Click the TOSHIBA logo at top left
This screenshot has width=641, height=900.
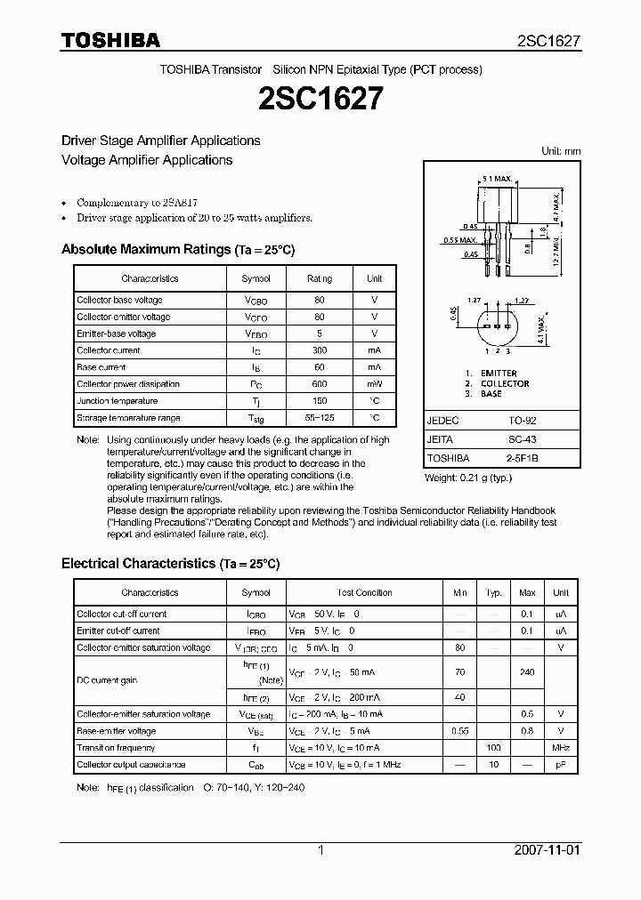point(110,40)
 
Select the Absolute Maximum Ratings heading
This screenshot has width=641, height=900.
point(177,250)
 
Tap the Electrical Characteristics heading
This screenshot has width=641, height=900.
point(170,564)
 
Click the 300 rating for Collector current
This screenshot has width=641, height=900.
point(320,350)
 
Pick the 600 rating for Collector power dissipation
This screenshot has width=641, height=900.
point(320,384)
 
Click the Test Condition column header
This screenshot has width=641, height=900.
point(364,592)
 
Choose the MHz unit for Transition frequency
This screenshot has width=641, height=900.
point(561,748)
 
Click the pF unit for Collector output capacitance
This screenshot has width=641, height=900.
point(561,765)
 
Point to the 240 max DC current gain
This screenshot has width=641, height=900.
point(527,672)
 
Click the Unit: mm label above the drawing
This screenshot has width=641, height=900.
point(561,151)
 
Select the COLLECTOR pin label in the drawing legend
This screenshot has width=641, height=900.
point(505,384)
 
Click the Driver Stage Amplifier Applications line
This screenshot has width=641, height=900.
point(160,141)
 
